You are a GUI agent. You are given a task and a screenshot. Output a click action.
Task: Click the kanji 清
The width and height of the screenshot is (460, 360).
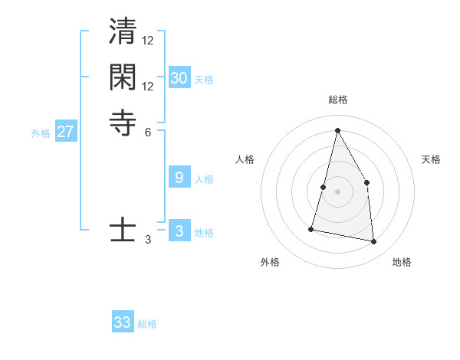(123, 34)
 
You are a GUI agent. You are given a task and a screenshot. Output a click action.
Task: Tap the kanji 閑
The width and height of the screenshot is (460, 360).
(123, 78)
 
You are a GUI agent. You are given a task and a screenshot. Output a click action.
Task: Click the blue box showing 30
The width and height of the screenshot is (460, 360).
(179, 77)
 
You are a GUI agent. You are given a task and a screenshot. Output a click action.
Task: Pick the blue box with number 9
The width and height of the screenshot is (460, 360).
(179, 178)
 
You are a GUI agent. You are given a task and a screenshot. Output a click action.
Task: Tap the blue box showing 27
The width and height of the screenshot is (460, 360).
(66, 132)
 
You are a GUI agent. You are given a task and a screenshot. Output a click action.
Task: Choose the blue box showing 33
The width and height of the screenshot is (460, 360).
(123, 322)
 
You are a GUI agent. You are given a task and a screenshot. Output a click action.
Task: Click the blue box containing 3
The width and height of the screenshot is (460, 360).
(179, 231)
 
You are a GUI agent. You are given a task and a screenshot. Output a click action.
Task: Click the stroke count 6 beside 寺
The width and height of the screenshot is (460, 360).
(148, 131)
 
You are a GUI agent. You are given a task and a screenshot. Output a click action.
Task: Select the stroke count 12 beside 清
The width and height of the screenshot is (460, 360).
(148, 40)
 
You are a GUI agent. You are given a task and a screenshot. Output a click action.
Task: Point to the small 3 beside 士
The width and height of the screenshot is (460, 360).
(148, 240)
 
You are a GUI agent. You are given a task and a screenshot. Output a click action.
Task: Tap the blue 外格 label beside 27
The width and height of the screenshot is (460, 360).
(41, 133)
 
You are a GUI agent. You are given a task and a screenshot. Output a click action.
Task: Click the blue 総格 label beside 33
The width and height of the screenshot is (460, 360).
(147, 324)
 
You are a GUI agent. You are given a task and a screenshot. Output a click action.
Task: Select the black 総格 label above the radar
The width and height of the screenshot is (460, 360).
(337, 100)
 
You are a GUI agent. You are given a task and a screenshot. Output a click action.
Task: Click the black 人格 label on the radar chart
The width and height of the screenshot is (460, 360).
(245, 159)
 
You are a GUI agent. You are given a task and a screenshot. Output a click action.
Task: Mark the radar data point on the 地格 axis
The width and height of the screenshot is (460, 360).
(373, 242)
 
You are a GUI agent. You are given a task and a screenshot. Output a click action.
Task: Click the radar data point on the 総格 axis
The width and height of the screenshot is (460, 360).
(337, 129)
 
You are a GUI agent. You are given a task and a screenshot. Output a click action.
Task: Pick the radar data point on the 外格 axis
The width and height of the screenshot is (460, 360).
(311, 228)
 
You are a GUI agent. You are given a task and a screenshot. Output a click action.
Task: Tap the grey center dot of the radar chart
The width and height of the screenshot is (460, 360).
(337, 192)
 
